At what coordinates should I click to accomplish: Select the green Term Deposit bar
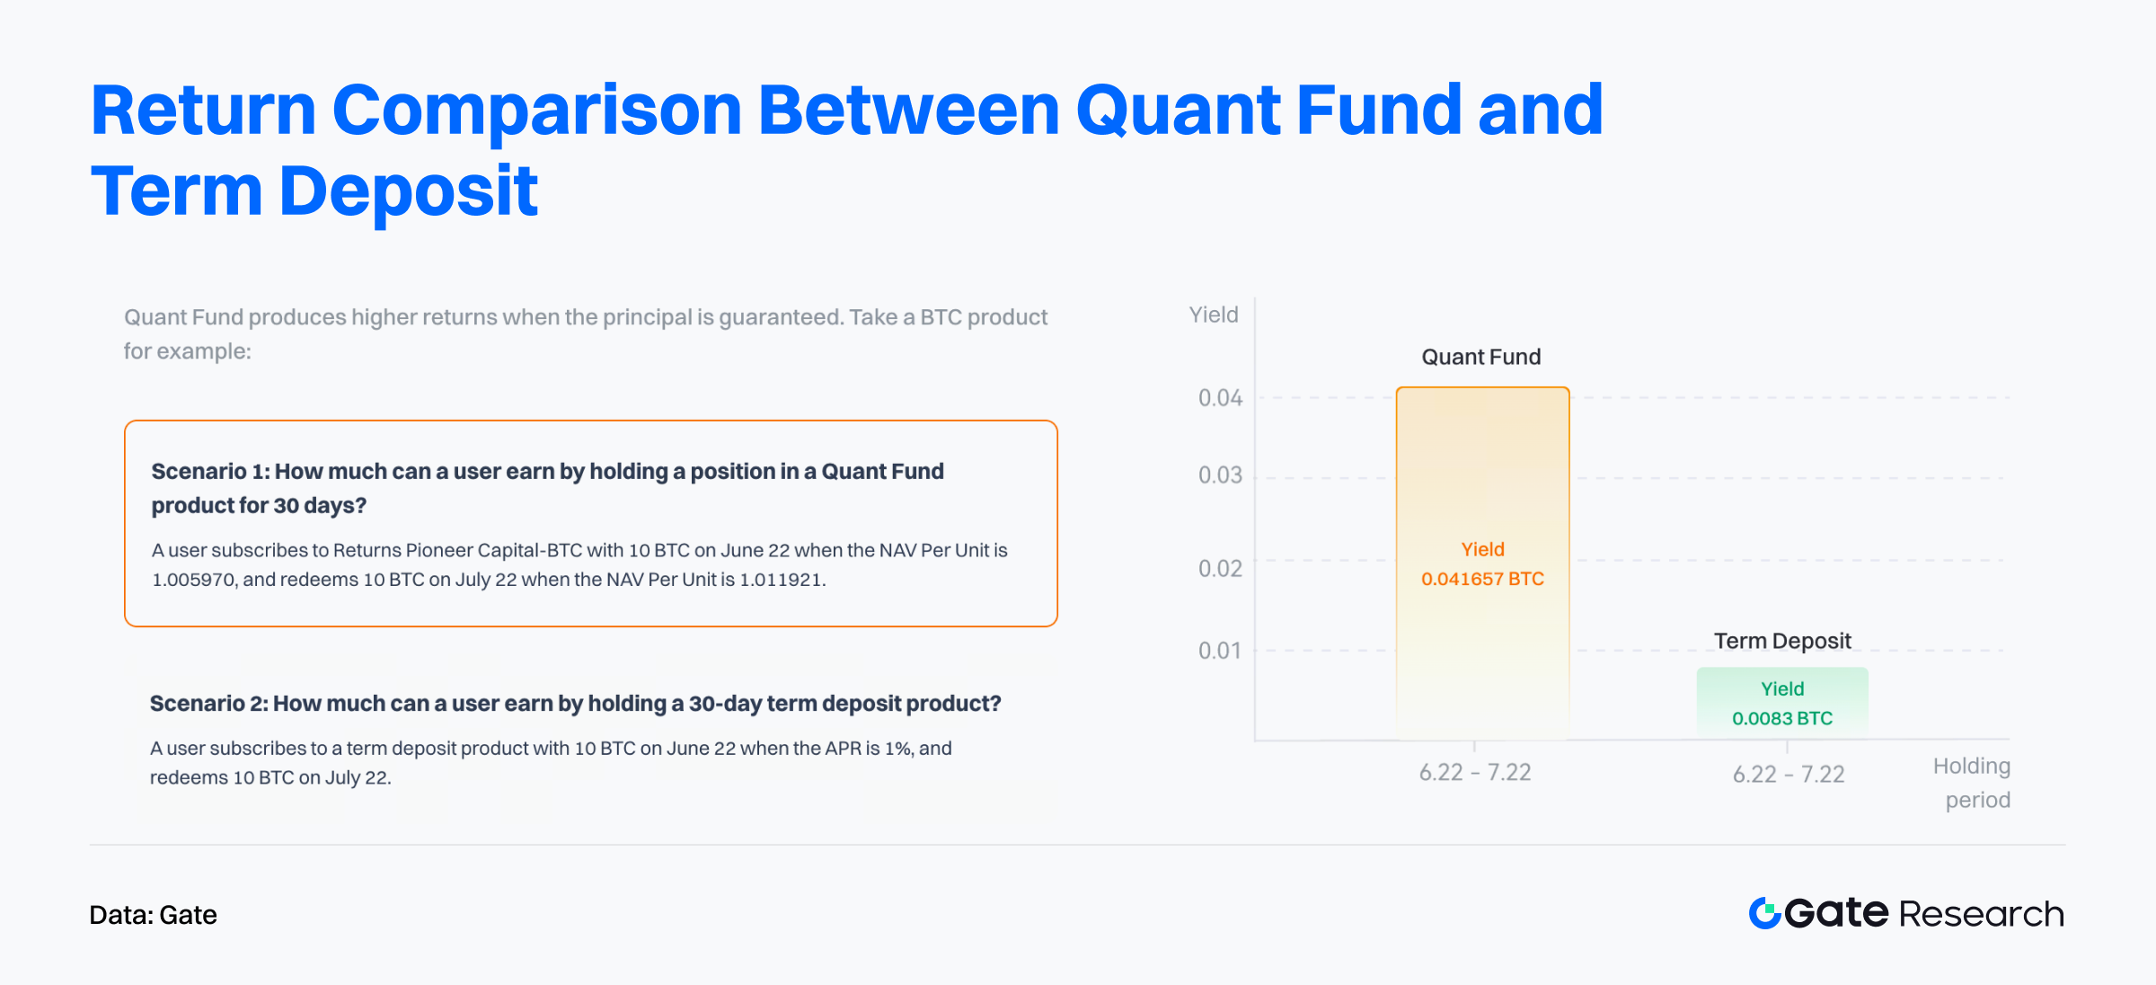point(1782,704)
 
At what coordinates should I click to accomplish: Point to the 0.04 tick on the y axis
point(1220,398)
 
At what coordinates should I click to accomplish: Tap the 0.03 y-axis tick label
point(1220,475)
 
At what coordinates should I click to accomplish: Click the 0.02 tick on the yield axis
point(1220,569)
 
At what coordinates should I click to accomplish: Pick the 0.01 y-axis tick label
point(1220,651)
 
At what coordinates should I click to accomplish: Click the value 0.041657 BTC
point(1482,579)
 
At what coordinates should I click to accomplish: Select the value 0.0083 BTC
point(1782,718)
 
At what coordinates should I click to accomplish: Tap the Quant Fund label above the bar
point(1481,357)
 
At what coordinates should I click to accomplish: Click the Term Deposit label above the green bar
point(1782,641)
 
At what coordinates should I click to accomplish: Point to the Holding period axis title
point(1973,783)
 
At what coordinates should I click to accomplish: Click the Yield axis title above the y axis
point(1214,315)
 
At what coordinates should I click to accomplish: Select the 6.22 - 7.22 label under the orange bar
point(1475,773)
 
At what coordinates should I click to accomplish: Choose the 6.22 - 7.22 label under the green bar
point(1789,775)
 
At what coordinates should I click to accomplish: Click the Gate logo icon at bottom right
point(1765,913)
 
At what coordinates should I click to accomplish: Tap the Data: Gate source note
point(154,915)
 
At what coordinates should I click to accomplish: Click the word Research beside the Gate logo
point(1982,914)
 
